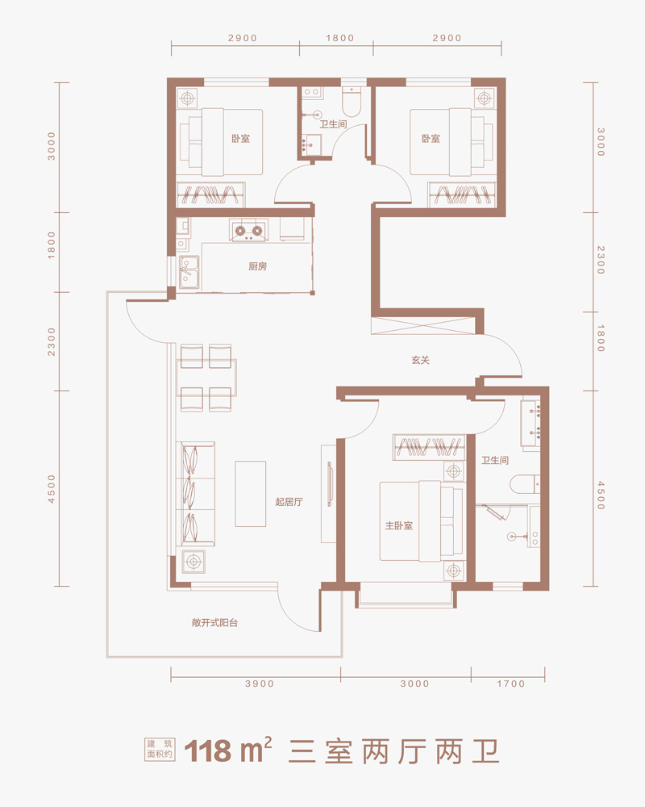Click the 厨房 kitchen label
point(258,266)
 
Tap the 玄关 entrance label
point(420,360)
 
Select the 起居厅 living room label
point(289,502)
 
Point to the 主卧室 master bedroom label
point(399,525)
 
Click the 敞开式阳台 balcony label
point(215,623)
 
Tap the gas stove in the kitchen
point(249,231)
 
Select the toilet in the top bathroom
point(353,101)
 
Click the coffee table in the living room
point(251,494)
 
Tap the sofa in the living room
point(195,494)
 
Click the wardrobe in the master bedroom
point(430,447)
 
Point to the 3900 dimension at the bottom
point(260,684)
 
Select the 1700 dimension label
point(510,684)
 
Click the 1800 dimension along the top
point(340,38)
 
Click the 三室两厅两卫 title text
point(394,751)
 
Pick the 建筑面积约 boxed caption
point(160,750)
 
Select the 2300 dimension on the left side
point(52,341)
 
